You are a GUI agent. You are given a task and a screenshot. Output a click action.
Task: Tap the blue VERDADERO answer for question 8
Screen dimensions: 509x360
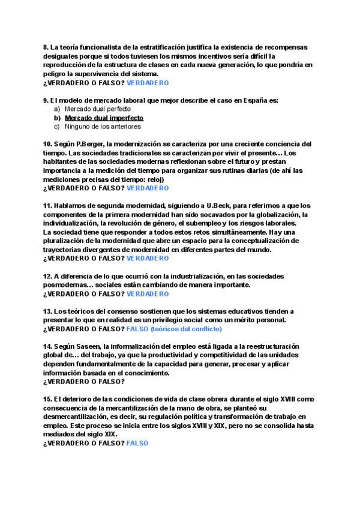(148, 83)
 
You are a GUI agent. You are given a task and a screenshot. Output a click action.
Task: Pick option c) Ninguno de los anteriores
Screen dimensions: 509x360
(103, 127)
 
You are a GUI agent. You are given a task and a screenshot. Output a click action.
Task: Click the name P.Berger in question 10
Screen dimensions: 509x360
(91, 144)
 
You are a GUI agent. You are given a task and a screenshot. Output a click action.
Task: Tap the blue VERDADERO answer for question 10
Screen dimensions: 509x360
(148, 188)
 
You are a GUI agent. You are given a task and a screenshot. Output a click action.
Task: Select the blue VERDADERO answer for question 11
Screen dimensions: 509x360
(148, 258)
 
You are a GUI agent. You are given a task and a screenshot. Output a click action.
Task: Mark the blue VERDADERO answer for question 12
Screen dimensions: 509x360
(148, 294)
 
